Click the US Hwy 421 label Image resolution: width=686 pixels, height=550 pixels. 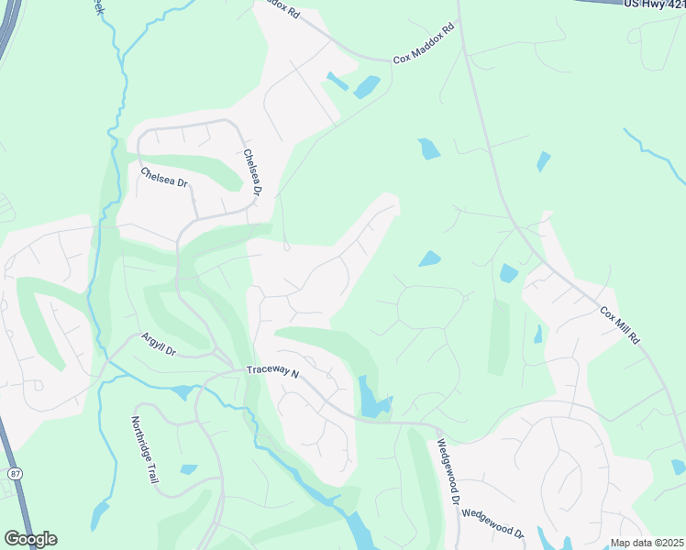[654, 5]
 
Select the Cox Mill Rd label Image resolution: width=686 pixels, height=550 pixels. [620, 325]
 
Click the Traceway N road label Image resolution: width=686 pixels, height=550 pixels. [272, 371]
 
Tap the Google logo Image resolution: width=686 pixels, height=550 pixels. [30, 539]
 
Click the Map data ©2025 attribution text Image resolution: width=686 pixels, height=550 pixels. [647, 543]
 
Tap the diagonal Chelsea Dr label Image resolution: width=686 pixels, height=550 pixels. [164, 177]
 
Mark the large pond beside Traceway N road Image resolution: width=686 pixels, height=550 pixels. [371, 401]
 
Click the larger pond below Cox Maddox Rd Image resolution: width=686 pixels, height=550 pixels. [366, 87]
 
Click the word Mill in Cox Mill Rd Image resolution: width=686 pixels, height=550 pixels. [620, 326]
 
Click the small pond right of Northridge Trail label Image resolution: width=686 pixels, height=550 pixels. [188, 470]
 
